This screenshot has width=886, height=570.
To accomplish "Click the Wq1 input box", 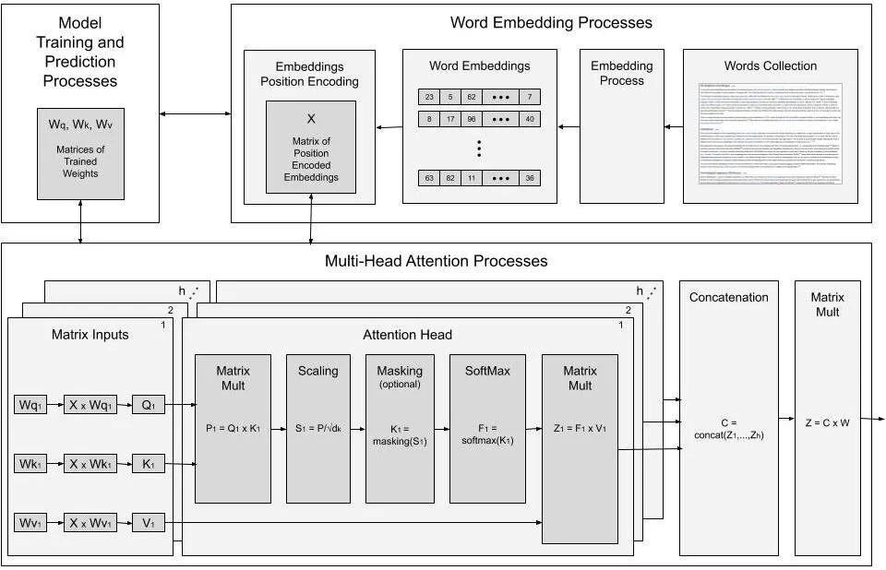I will click(x=30, y=404).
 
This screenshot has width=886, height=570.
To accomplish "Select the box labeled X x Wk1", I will click(x=90, y=464).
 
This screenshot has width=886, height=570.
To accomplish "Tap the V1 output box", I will click(x=148, y=523).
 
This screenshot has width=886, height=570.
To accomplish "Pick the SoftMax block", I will click(x=487, y=429).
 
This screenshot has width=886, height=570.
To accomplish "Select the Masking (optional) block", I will click(x=400, y=429).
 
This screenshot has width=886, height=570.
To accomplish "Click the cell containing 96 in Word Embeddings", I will click(x=471, y=119).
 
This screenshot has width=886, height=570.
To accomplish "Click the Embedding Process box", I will click(x=621, y=126).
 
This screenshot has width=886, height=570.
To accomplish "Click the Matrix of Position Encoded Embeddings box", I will click(x=310, y=148).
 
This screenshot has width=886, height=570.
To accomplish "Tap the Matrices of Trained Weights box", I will click(x=80, y=153).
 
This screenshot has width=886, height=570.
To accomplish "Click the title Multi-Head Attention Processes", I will click(x=436, y=261).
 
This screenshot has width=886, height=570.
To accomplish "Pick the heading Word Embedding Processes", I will click(x=551, y=22).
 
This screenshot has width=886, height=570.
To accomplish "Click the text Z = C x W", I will click(x=826, y=422).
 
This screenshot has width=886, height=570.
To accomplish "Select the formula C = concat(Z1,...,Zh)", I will click(x=724, y=429).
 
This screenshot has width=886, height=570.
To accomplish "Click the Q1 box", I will click(x=148, y=404).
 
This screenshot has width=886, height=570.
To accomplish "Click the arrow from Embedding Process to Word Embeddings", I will click(x=569, y=125).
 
